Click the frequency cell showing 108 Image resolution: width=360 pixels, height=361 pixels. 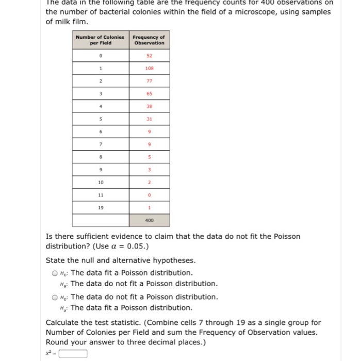[149, 68]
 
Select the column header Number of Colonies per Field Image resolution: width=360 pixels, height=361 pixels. [101, 40]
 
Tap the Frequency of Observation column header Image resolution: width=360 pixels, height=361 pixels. [149, 40]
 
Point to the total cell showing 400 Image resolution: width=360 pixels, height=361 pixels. [149, 220]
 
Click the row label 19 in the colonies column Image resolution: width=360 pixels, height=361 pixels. [101, 207]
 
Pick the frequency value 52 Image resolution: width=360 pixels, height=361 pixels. [149, 55]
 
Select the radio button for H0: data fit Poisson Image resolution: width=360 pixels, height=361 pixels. [55, 273]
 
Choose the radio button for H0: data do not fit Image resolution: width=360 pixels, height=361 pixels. [55, 297]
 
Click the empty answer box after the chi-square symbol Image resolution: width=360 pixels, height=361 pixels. [73, 354]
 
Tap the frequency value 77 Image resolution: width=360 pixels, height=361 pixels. [149, 80]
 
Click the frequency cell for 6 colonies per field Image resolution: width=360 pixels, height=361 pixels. [149, 131]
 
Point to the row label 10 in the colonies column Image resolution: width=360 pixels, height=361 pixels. [101, 182]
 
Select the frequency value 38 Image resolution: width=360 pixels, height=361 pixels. [149, 106]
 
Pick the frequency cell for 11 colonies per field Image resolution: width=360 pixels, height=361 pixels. [149, 195]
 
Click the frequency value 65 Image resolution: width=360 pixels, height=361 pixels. [149, 93]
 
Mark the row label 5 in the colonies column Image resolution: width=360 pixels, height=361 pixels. [101, 119]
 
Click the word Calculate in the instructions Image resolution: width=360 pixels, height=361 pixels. [63, 323]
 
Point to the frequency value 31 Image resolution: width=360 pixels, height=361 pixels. [149, 119]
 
